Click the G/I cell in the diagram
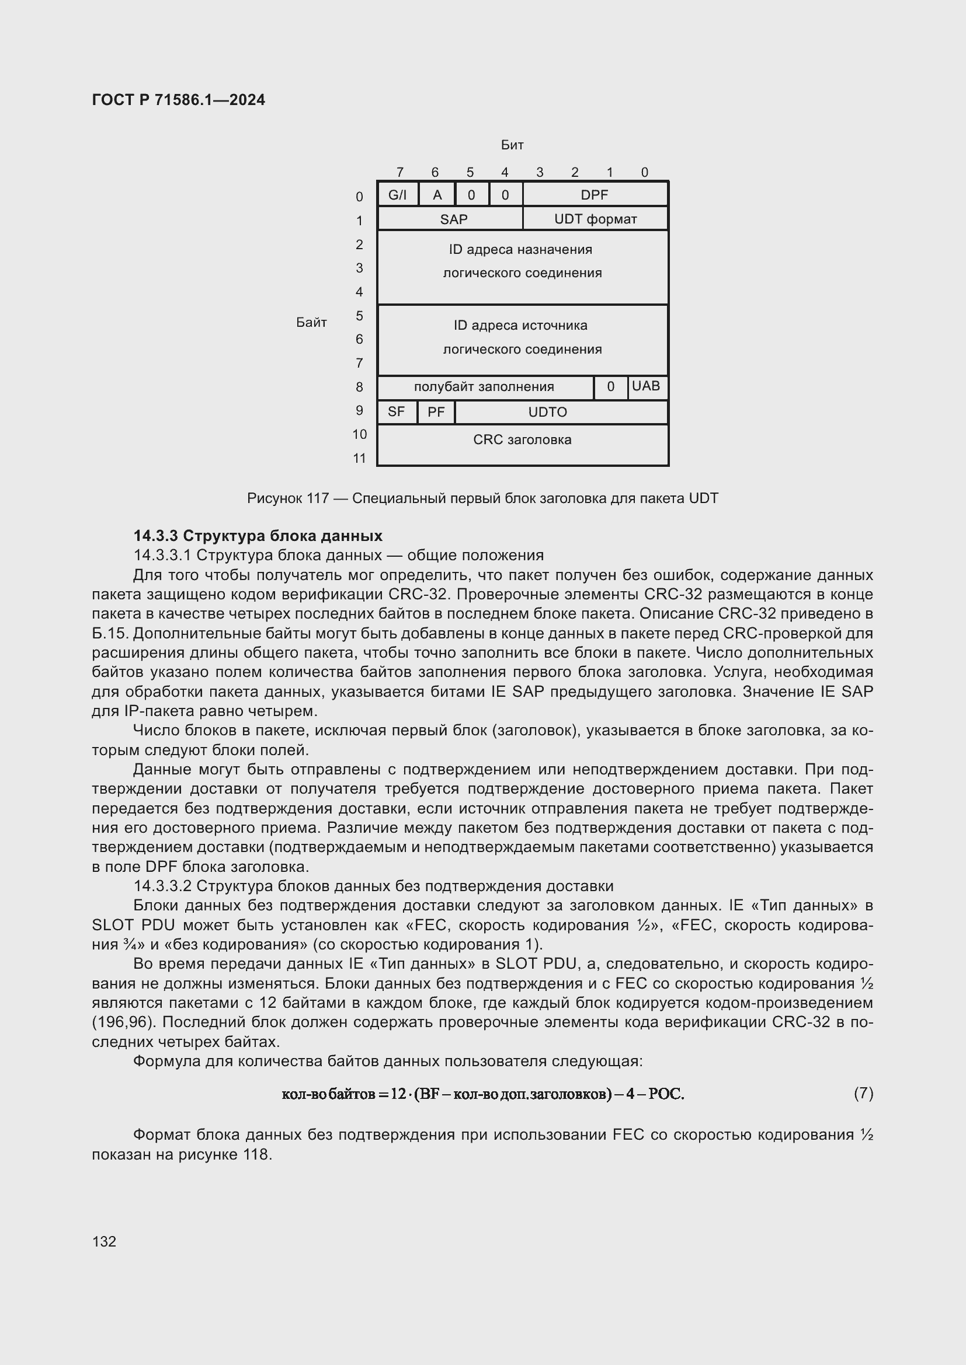click(397, 195)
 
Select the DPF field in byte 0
click(594, 195)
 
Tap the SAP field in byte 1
click(453, 219)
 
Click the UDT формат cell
click(595, 219)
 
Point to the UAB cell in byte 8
click(646, 386)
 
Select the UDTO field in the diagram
click(547, 412)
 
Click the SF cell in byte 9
click(396, 412)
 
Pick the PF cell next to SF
click(436, 412)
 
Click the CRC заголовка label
click(522, 440)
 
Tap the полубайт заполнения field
click(484, 387)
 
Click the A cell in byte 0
click(437, 195)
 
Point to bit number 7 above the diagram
click(399, 172)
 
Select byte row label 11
click(359, 458)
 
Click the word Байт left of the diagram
click(311, 323)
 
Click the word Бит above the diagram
click(512, 145)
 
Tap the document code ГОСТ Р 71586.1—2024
click(179, 100)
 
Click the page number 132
click(104, 1241)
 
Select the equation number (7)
click(863, 1093)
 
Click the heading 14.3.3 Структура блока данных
click(258, 536)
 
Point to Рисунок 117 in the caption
click(288, 498)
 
